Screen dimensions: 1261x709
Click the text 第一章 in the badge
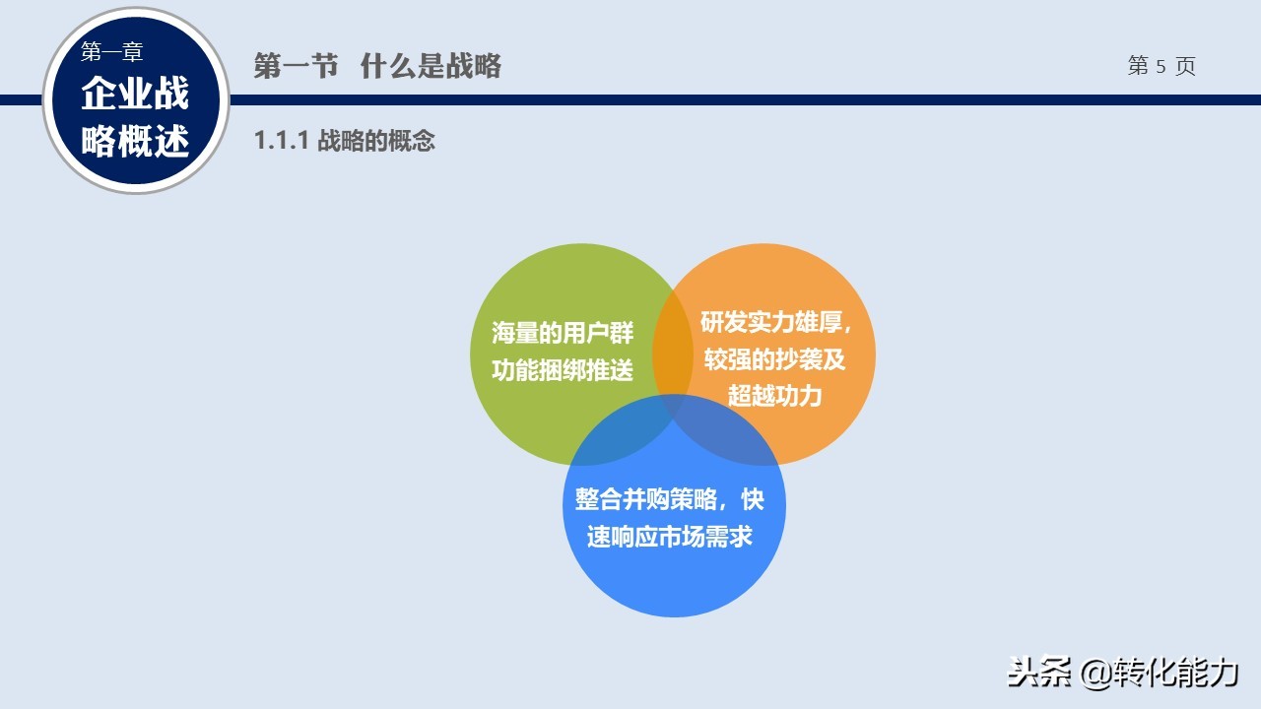click(x=111, y=52)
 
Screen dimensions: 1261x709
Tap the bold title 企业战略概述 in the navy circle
click(x=135, y=116)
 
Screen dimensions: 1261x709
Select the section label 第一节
click(x=296, y=66)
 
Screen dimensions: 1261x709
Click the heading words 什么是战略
click(x=431, y=66)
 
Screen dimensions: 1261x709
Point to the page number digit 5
click(x=1161, y=66)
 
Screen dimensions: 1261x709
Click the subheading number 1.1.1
click(x=282, y=140)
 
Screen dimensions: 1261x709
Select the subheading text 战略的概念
click(x=376, y=140)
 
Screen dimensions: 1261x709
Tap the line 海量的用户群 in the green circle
click(x=563, y=333)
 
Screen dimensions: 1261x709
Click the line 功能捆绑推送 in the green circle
click(x=563, y=369)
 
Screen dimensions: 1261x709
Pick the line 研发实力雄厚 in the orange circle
click(x=771, y=322)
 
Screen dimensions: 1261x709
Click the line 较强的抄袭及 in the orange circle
click(x=774, y=359)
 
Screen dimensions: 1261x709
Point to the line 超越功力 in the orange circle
click(x=774, y=395)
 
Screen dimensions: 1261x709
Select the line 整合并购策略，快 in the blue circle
click(x=669, y=499)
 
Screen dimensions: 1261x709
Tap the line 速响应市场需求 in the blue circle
click(x=669, y=537)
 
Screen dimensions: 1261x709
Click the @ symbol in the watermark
click(x=1096, y=673)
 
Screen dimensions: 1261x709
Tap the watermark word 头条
click(x=1038, y=672)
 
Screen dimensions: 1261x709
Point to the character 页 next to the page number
click(x=1185, y=66)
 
